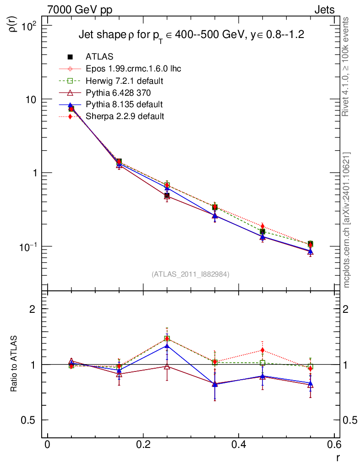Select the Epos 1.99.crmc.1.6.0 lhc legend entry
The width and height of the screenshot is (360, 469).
pos(133,69)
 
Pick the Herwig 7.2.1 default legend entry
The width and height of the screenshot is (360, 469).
pos(125,81)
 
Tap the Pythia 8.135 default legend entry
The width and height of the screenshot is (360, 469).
pos(124,104)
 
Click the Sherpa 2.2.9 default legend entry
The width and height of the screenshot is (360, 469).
pos(125,116)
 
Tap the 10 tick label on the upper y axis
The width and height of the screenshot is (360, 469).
pos(33,99)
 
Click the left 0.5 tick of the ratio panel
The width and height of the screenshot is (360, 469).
pos(32,420)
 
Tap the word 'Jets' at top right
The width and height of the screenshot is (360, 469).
pos(324,10)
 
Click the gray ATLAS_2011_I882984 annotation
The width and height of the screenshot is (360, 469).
pos(191,274)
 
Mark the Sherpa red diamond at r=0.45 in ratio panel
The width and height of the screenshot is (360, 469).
pos(262,350)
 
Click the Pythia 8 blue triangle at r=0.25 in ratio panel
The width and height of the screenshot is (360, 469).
pos(167,346)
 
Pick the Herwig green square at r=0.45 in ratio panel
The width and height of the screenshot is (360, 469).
pos(262,363)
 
